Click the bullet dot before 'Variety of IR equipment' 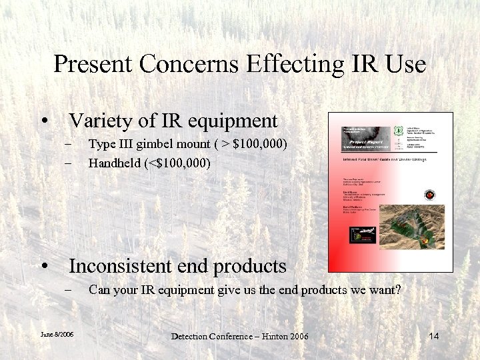tap(44, 121)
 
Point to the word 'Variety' tap(96, 121)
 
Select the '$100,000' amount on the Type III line tap(259, 143)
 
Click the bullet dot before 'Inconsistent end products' tap(44, 266)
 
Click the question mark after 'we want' tap(399, 290)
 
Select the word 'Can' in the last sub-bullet tap(99, 290)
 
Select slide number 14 tap(433, 335)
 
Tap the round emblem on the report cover tap(430, 195)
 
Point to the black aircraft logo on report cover tap(363, 235)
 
